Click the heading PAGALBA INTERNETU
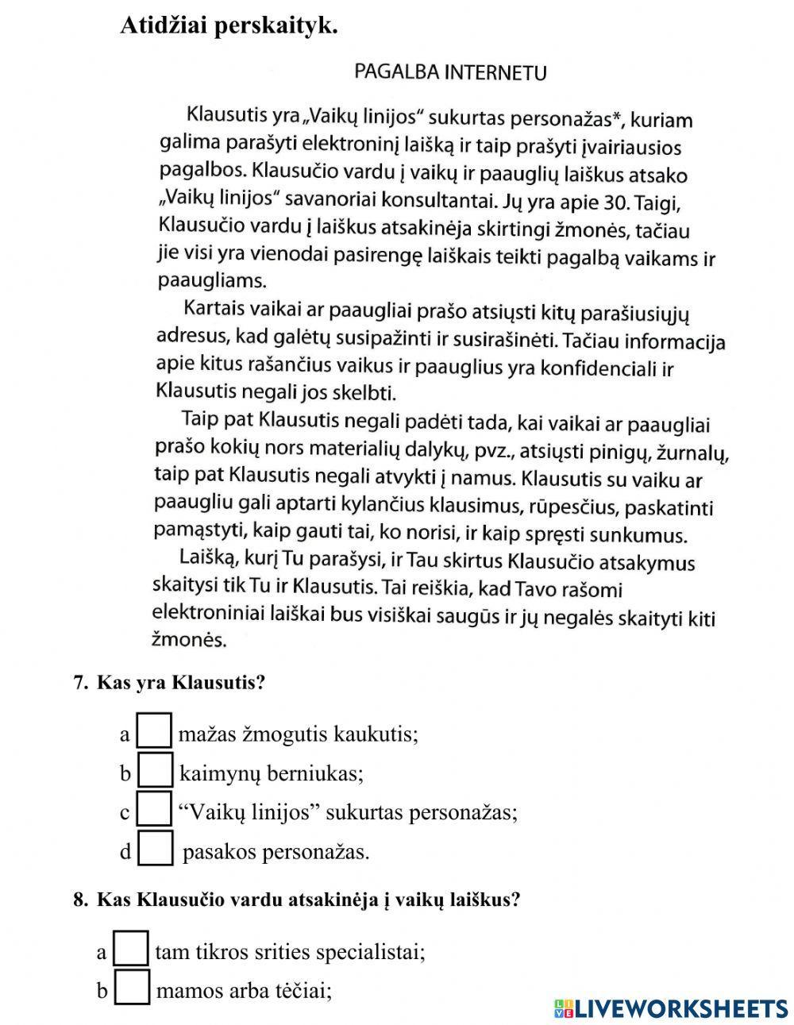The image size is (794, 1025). pyautogui.click(x=450, y=73)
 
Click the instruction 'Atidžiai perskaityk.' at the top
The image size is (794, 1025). pyautogui.click(x=229, y=26)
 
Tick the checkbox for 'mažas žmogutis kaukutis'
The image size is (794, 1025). pyautogui.click(x=155, y=731)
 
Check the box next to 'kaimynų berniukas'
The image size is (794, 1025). pyautogui.click(x=155, y=770)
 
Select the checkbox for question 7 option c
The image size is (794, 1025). pyautogui.click(x=155, y=809)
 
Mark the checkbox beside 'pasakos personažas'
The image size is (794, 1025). pyautogui.click(x=156, y=848)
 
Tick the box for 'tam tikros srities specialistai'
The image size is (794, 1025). pyautogui.click(x=132, y=949)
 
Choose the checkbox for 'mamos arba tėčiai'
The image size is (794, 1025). pyautogui.click(x=133, y=988)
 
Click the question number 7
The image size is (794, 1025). pyautogui.click(x=79, y=683)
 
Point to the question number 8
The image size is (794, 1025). pyautogui.click(x=79, y=900)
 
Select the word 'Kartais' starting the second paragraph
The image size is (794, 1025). pyautogui.click(x=214, y=307)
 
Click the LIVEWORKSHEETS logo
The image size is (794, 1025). pyautogui.click(x=671, y=1008)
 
